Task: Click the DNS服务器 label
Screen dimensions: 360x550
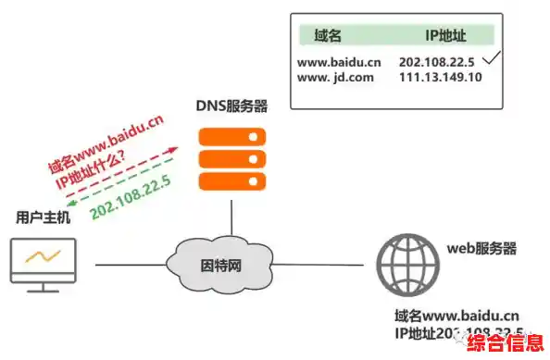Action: point(231,106)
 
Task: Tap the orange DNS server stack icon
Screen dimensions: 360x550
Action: point(232,158)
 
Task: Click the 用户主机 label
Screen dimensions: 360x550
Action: point(42,217)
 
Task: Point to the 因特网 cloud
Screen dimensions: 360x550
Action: point(221,265)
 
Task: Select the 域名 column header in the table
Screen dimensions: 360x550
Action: point(329,36)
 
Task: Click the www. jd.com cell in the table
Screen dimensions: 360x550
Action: point(336,78)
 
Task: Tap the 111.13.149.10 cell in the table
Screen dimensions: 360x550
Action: point(440,78)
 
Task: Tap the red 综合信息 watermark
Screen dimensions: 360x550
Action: point(505,345)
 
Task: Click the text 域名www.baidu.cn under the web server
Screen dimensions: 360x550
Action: point(456,315)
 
